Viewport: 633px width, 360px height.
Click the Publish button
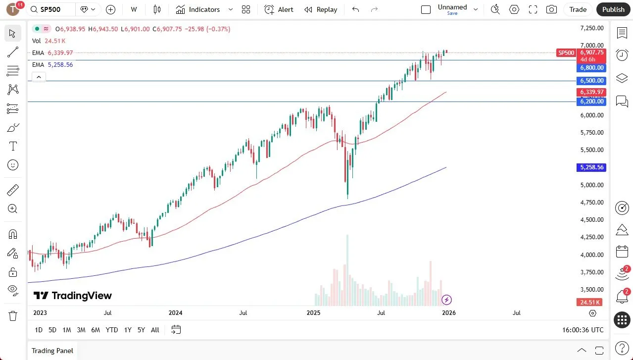click(x=613, y=9)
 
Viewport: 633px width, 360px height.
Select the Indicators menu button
click(x=204, y=9)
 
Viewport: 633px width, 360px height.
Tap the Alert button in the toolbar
click(x=279, y=9)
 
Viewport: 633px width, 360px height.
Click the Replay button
click(x=321, y=9)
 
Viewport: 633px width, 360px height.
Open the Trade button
click(x=578, y=9)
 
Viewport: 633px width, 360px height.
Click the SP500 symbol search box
click(x=52, y=9)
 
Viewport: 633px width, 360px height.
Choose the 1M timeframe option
click(x=67, y=330)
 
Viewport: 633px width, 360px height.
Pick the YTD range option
click(x=112, y=330)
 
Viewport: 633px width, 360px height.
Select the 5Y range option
click(x=141, y=330)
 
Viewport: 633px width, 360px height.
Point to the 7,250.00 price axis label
click(x=592, y=28)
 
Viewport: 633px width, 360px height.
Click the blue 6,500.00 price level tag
click(x=592, y=81)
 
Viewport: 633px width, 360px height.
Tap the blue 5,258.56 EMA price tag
click(x=592, y=167)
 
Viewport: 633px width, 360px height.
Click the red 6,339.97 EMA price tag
click(x=592, y=92)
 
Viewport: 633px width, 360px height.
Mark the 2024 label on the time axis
click(x=176, y=313)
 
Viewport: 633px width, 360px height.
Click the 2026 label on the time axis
click(x=449, y=313)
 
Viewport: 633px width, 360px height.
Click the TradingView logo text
click(x=73, y=296)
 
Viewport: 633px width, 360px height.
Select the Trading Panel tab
click(x=52, y=351)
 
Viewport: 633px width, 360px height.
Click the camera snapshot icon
click(x=551, y=9)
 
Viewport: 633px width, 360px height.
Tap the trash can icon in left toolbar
click(x=13, y=315)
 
